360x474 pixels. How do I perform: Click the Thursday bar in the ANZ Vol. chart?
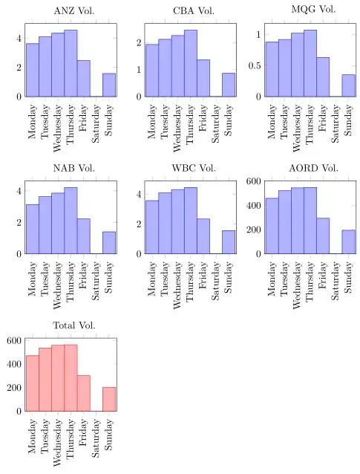pos(71,64)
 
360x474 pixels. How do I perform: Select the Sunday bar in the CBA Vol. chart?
pos(228,85)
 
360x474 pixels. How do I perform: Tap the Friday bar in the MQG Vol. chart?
pos(323,77)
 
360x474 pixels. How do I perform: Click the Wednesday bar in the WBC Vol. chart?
pos(177,221)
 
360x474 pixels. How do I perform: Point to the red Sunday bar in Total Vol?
pos(109,399)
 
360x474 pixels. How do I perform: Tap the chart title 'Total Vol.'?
pos(71,325)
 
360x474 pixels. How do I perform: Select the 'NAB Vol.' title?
pos(71,168)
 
